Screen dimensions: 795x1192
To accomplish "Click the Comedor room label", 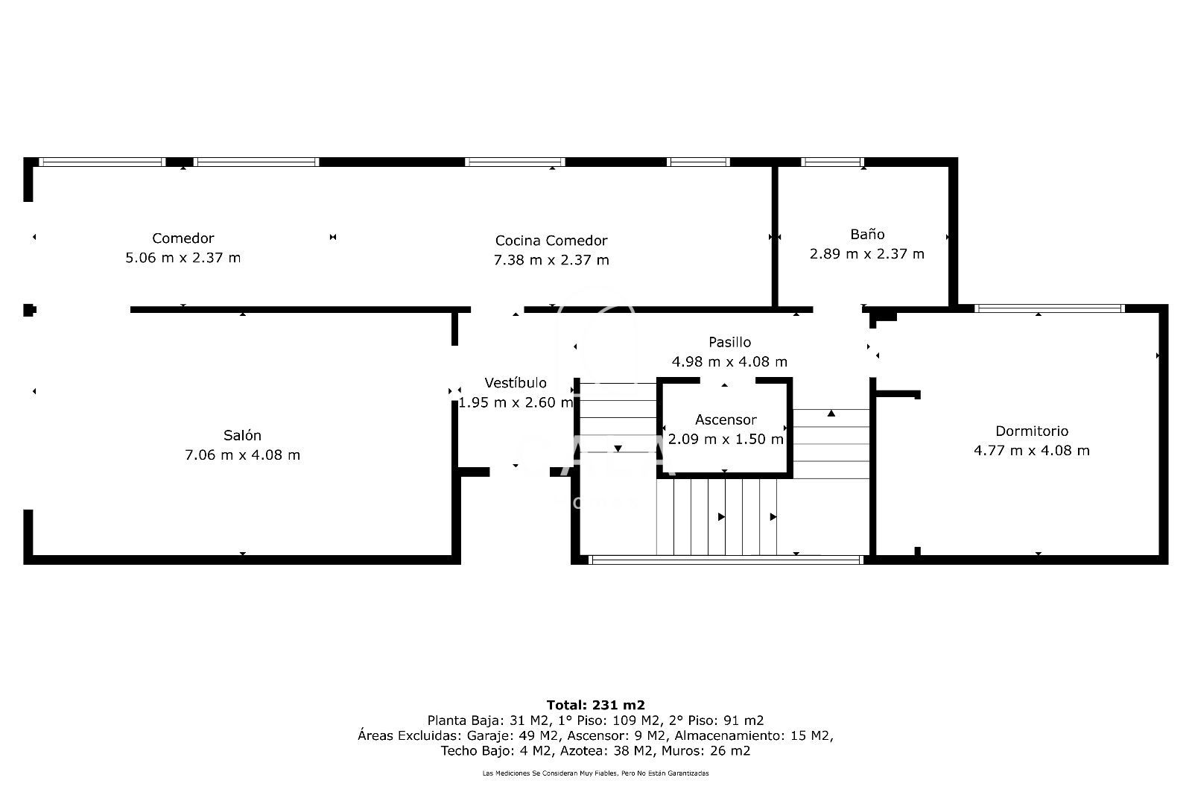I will pyautogui.click(x=183, y=238).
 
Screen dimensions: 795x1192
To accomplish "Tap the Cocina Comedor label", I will pyautogui.click(x=551, y=241).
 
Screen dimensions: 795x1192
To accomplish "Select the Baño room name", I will pyautogui.click(x=867, y=234).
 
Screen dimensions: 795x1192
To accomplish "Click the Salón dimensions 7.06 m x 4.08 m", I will pyautogui.click(x=242, y=454).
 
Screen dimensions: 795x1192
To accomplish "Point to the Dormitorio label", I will pyautogui.click(x=1032, y=431).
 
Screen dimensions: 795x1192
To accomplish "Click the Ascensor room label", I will pyautogui.click(x=726, y=419).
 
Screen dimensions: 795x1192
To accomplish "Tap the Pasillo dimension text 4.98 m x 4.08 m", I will pyautogui.click(x=729, y=362).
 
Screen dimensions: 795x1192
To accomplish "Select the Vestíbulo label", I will pyautogui.click(x=516, y=383).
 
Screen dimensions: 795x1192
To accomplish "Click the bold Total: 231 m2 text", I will pyautogui.click(x=595, y=705).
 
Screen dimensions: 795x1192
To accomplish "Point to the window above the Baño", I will pyautogui.click(x=832, y=162).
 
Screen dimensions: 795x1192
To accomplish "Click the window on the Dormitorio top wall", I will pyautogui.click(x=1049, y=308).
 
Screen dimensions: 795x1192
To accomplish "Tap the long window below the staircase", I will pyautogui.click(x=726, y=560).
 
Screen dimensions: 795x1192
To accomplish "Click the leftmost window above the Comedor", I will pyautogui.click(x=101, y=162).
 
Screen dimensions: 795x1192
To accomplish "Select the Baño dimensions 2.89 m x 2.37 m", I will pyautogui.click(x=867, y=254).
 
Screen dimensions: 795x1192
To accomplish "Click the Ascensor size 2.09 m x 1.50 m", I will pyautogui.click(x=726, y=440).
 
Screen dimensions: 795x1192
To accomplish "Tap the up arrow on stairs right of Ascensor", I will pyautogui.click(x=831, y=413).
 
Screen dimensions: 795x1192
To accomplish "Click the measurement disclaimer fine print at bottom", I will pyautogui.click(x=595, y=773).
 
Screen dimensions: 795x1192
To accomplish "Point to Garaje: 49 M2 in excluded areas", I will pyautogui.click(x=515, y=735).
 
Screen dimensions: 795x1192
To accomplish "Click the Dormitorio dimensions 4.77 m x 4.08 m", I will pyautogui.click(x=1032, y=451).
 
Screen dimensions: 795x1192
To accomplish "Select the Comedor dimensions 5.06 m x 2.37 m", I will pyautogui.click(x=183, y=259).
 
